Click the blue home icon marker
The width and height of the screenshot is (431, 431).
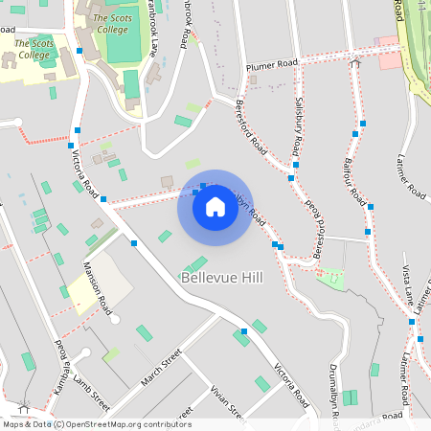tap(215, 207)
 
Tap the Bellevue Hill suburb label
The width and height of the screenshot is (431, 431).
tap(220, 278)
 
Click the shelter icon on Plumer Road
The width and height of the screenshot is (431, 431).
tap(354, 63)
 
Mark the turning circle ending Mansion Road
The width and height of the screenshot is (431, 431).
tap(116, 319)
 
